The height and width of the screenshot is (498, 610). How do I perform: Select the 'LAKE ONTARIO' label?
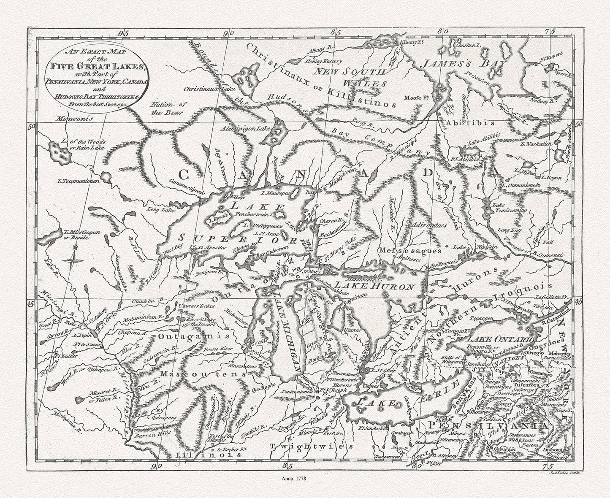pos(501,339)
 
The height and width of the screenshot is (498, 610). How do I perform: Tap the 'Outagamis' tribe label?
pos(194,337)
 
